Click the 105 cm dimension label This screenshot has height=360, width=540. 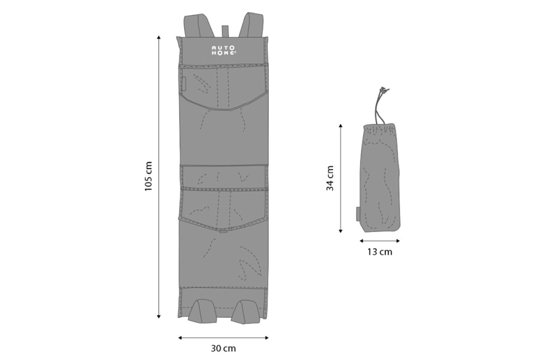pos(148,176)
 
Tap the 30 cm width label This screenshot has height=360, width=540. pos(223,348)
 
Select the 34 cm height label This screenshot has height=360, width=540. pos(330,178)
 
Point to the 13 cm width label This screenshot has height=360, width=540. pos(380,252)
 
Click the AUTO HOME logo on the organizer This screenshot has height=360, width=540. pos(224,50)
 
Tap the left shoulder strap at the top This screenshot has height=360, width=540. pos(199,26)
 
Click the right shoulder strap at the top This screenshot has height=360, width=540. pos(251,25)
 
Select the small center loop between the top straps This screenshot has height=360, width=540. pos(225,31)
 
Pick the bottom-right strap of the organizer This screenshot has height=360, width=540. pos(245,311)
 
